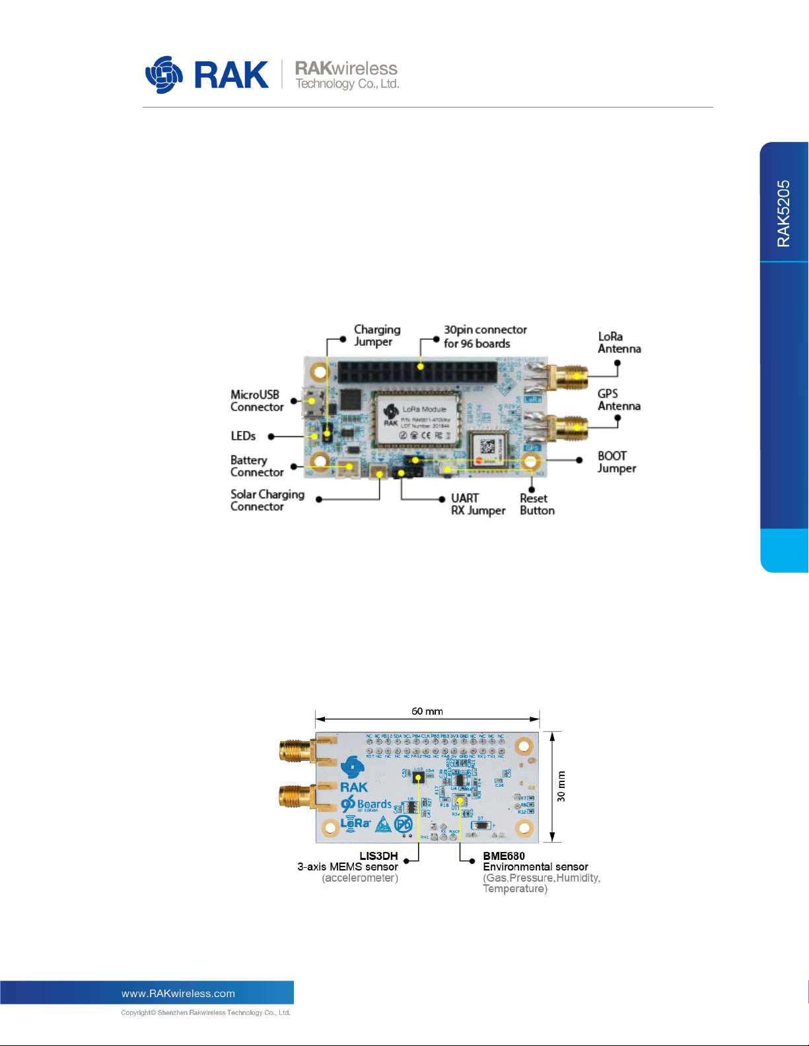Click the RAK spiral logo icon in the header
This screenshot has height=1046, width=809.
164,75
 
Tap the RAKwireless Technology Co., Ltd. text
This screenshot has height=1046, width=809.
346,75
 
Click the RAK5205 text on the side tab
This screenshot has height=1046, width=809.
784,214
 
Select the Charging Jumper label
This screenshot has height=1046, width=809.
377,335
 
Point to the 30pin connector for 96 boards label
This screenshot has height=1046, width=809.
485,337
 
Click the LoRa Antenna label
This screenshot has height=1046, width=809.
619,343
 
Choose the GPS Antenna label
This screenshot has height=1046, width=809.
619,400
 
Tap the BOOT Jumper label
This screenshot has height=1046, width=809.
617,462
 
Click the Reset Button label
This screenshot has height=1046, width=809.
537,504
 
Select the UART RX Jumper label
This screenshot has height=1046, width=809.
477,504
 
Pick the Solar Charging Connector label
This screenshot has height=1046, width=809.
267,500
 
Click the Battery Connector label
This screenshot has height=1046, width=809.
256,466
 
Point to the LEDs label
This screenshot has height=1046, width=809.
243,436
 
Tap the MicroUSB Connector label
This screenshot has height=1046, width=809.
256,401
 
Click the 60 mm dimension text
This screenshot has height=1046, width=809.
427,711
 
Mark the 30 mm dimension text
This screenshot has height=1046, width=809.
561,787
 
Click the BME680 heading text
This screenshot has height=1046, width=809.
504,856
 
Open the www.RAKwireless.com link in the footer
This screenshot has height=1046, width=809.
178,993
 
